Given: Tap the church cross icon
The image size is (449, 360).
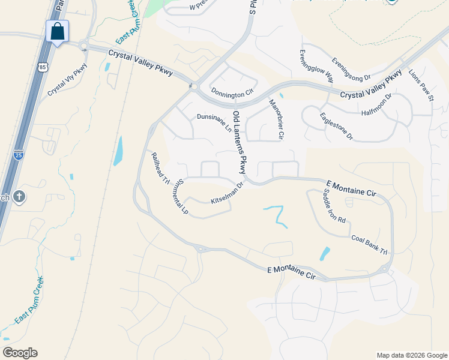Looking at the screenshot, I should click(x=19, y=197).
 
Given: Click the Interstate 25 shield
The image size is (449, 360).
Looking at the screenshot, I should click(x=19, y=155).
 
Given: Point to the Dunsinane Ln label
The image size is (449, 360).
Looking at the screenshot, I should click(x=214, y=122).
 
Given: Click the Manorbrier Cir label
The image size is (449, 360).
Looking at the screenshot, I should click(x=276, y=119).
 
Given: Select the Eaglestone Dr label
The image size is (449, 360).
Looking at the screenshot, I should click(x=336, y=127).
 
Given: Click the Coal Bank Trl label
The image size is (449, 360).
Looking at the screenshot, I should click(x=370, y=244).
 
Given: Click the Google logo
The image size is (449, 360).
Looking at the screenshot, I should click(x=20, y=353).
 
